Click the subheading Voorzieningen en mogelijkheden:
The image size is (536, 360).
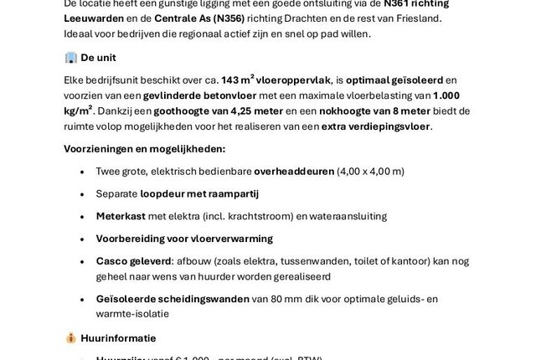(x=144, y=149)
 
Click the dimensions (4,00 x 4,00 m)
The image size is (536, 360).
(x=370, y=172)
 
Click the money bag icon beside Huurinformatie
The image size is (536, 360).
(x=70, y=337)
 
